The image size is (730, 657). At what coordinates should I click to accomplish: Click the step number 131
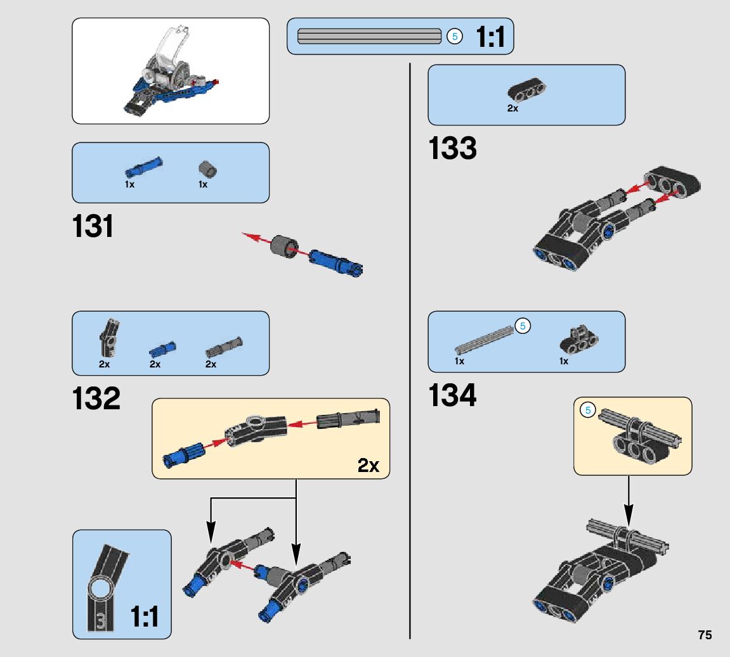point(93,227)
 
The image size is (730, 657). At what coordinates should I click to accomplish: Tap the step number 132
point(96,399)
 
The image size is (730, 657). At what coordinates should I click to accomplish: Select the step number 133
point(453,149)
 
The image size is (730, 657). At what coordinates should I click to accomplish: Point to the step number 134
point(453,395)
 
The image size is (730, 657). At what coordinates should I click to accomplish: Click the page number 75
point(705,635)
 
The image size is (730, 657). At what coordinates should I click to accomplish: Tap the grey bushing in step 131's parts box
point(207,169)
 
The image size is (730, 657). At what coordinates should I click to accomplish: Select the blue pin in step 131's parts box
point(143,167)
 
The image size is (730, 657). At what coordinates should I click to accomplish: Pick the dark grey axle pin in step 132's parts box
point(224,347)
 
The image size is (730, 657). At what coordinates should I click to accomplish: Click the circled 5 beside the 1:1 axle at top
point(455,36)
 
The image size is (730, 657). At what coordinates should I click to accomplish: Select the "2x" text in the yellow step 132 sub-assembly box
point(368,466)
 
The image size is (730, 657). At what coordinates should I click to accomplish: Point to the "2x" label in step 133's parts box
point(512,108)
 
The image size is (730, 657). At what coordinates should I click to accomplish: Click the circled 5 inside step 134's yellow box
point(588,411)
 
